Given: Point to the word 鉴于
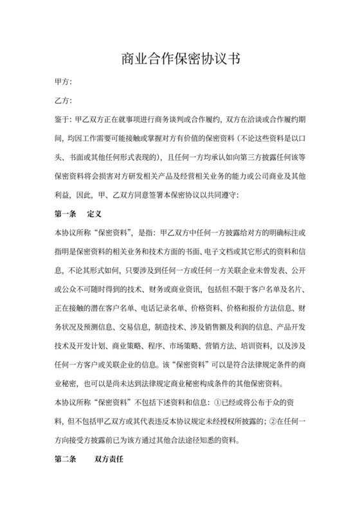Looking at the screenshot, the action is [63, 119].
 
